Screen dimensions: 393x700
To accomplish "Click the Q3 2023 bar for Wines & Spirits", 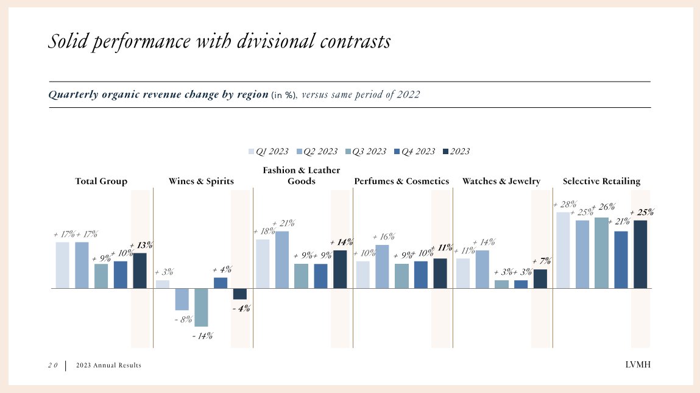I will [201, 307].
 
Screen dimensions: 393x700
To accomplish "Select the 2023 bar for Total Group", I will [140, 271].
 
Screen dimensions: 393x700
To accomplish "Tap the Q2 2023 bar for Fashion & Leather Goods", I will [281, 260].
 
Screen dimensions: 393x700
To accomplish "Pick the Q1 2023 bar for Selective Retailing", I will [563, 250].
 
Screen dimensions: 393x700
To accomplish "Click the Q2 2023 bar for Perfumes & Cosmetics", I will [382, 266].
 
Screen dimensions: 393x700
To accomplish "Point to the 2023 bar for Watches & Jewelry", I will [540, 278].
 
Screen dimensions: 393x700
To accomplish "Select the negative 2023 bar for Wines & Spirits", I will [239, 294].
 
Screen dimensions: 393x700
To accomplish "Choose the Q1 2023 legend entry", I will [269, 151].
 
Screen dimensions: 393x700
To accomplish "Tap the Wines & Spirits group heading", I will [201, 181].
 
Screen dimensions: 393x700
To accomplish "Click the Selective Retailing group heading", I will [601, 181].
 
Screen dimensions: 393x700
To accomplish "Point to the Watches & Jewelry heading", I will [501, 181].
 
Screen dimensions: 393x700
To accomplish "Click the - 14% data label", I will [202, 336].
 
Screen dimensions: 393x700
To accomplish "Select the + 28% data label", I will [564, 205].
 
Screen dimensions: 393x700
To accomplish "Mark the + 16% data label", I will [384, 236].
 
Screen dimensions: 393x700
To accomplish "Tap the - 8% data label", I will [183, 319].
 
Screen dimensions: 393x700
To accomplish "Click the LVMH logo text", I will [638, 365].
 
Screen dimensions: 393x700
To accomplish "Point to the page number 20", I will [53, 365].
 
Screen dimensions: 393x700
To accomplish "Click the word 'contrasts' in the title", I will [351, 41].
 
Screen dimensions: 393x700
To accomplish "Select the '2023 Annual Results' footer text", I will [108, 365].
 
